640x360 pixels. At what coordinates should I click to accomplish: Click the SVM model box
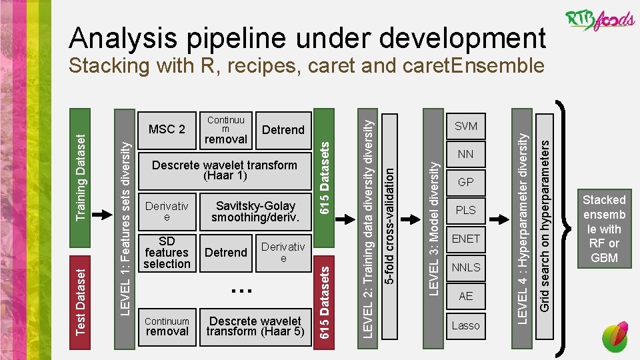coord(465,126)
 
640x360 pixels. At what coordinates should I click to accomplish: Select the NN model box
coord(465,154)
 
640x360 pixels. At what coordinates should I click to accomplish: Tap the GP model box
coord(465,182)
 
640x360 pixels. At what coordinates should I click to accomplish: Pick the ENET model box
coord(465,239)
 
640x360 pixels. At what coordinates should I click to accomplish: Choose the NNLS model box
coord(465,267)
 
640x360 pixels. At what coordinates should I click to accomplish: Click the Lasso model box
coord(465,325)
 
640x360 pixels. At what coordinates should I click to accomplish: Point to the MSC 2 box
coord(167,129)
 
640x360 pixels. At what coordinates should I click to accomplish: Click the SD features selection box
coord(167,253)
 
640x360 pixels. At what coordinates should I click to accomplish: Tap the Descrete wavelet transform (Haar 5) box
coord(255,326)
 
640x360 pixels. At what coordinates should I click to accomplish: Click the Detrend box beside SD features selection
coord(225,253)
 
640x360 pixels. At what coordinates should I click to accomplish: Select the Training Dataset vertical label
coord(80,176)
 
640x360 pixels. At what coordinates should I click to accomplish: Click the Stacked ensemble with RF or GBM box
coord(604,229)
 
